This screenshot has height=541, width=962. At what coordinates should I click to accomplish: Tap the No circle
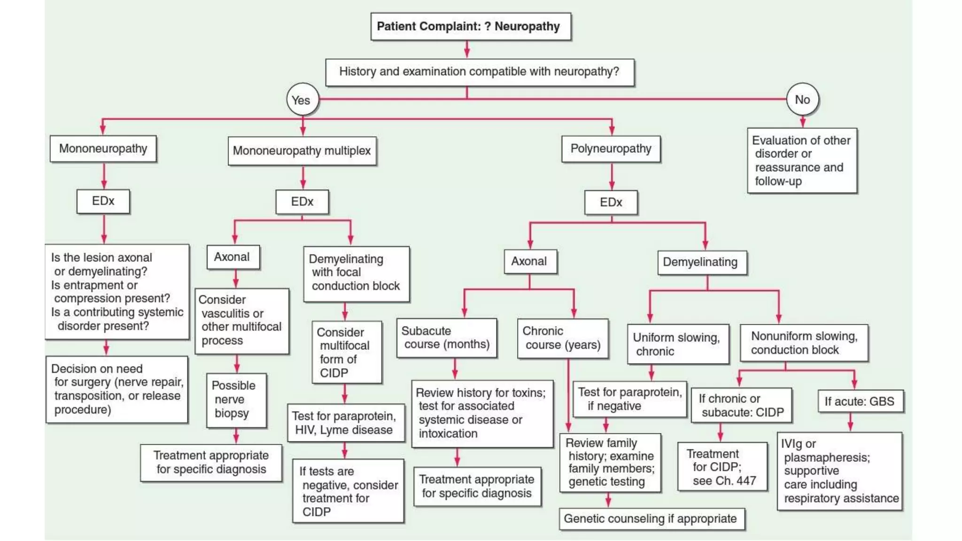(802, 99)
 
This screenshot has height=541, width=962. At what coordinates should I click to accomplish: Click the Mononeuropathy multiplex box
(302, 151)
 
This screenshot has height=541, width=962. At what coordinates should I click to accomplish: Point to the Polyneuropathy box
(611, 149)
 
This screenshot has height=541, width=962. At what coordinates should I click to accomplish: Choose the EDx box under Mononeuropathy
(103, 201)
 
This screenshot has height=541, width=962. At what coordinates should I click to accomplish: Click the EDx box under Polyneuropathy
(611, 202)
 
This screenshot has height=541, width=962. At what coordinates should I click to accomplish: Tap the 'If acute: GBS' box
(860, 402)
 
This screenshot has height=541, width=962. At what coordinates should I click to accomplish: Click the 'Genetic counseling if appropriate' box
(651, 518)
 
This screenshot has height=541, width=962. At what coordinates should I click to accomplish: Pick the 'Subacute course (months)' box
(446, 338)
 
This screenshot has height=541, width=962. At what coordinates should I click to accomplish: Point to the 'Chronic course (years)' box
(562, 338)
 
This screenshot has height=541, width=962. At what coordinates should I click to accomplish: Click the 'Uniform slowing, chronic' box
(677, 344)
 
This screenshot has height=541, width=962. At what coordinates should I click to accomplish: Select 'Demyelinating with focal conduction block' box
(356, 273)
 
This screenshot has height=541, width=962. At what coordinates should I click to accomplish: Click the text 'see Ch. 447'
(724, 481)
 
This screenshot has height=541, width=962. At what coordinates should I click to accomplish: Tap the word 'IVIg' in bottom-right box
(791, 444)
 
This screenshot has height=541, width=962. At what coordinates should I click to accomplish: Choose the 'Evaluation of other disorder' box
(801, 161)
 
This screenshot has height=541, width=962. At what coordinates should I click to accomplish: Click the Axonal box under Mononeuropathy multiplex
(233, 257)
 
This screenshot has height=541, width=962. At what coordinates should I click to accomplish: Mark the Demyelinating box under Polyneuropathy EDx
(701, 262)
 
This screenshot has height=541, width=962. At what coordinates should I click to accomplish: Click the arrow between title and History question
(466, 49)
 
